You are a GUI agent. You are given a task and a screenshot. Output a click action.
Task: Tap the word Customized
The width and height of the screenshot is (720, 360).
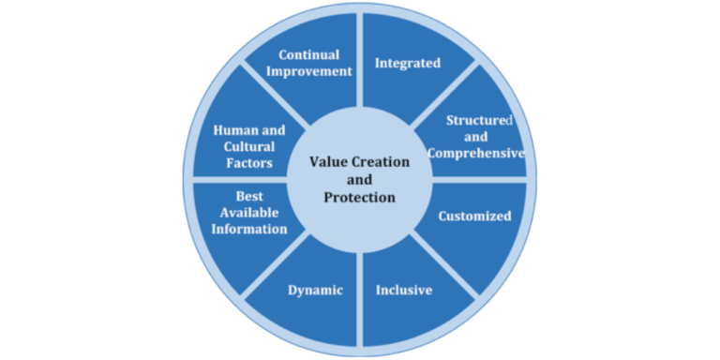tap(475, 216)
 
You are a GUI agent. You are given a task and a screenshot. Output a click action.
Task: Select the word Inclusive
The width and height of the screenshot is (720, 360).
tap(404, 290)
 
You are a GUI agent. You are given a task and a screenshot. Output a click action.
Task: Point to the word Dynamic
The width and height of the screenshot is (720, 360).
tap(314, 290)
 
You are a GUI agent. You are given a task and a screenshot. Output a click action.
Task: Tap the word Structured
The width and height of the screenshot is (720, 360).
tap(479, 120)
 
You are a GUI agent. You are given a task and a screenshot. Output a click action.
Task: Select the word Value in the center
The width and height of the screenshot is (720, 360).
tap(328, 162)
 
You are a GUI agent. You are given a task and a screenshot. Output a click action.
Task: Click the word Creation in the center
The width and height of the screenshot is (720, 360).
tap(379, 162)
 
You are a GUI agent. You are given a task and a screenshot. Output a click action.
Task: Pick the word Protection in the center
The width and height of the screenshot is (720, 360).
tap(359, 197)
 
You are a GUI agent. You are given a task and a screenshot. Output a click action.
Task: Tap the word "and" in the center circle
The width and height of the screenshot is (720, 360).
tap(359, 179)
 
